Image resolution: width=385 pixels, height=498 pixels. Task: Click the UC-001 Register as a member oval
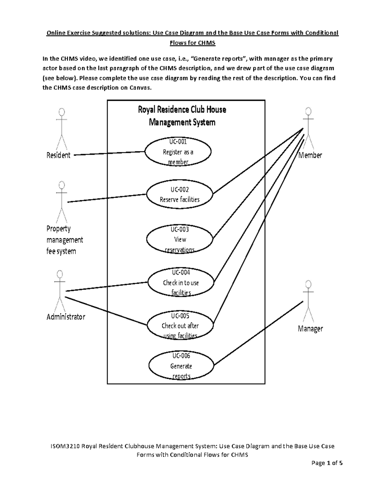coord(178,152)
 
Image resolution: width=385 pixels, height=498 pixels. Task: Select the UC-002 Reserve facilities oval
coord(180,195)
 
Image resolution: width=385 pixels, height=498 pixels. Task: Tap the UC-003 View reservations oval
coord(180,239)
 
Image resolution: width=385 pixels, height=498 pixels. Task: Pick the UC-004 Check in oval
coord(181,283)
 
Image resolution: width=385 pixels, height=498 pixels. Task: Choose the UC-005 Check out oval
coord(180,325)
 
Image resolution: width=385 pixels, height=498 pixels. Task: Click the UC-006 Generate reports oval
coord(181,366)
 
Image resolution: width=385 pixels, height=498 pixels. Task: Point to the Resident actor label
coord(58,156)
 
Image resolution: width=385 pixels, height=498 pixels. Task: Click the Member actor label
coord(310,156)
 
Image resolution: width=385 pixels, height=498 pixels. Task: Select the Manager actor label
coord(310,329)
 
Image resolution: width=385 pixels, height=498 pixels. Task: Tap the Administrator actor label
coord(66,317)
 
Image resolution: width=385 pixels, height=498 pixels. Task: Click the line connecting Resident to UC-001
coord(109,153)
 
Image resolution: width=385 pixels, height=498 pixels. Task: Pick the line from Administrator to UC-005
coord(106,311)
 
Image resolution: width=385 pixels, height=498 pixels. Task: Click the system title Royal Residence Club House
coord(182,110)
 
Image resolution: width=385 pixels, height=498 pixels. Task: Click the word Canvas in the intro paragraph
coord(140,88)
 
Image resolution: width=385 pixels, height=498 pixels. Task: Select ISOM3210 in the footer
coord(64,446)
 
